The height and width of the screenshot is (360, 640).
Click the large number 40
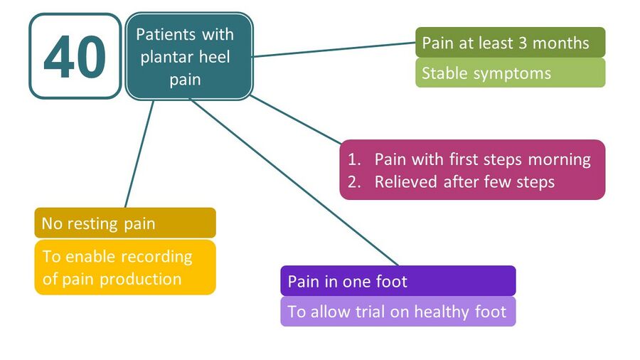click(75, 56)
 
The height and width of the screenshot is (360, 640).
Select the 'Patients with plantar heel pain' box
click(189, 56)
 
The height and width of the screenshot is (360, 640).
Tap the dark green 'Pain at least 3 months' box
click(510, 43)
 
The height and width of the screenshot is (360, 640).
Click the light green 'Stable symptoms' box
click(510, 73)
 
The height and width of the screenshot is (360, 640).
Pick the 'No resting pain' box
click(125, 223)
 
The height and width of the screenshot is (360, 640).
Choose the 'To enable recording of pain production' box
click(125, 268)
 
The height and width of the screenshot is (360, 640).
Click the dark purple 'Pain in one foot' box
click(398, 281)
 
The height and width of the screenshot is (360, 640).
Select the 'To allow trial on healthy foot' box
click(398, 312)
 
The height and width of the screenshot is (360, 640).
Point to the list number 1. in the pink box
click(354, 159)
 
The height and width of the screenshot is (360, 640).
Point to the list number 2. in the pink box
click(354, 182)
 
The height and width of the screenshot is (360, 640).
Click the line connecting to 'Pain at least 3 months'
click(335, 49)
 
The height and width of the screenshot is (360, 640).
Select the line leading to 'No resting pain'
click(139, 154)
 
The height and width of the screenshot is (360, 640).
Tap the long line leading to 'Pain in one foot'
click(294, 182)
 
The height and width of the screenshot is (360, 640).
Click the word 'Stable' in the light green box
click(444, 73)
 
